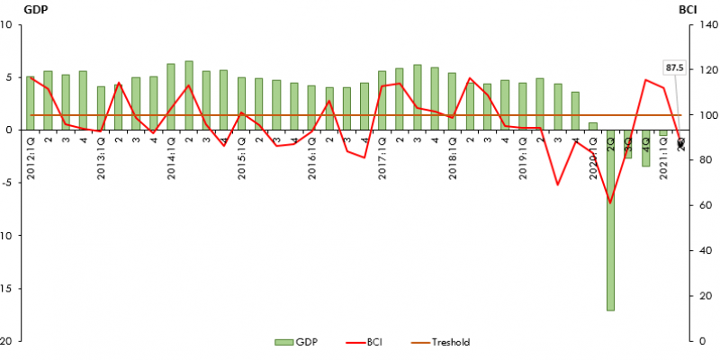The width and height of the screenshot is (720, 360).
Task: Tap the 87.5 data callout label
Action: (x=675, y=67)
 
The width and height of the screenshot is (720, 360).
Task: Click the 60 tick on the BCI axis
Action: (x=699, y=206)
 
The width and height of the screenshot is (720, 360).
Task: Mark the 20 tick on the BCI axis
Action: (x=699, y=296)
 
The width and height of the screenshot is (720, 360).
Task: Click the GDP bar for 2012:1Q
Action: (x=31, y=103)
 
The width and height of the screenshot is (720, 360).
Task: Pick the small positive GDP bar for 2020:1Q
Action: (x=592, y=126)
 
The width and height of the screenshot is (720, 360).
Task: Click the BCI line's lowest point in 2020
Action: (x=610, y=202)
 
